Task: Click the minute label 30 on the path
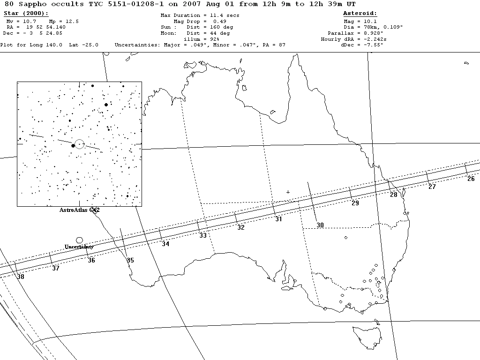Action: (x=320, y=225)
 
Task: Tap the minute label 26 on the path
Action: (x=471, y=179)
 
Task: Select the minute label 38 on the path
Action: (x=21, y=277)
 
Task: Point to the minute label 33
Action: (x=203, y=235)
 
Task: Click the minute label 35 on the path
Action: (x=130, y=260)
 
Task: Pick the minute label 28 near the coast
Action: (x=394, y=195)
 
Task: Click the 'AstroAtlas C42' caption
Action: (x=80, y=210)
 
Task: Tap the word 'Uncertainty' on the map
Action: (x=79, y=247)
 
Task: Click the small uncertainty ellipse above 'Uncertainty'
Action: (x=79, y=240)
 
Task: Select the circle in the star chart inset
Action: (x=79, y=144)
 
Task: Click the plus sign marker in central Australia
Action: (x=288, y=192)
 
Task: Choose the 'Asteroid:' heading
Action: (x=360, y=14)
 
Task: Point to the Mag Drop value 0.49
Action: (x=220, y=21)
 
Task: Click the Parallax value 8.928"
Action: (x=370, y=33)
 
